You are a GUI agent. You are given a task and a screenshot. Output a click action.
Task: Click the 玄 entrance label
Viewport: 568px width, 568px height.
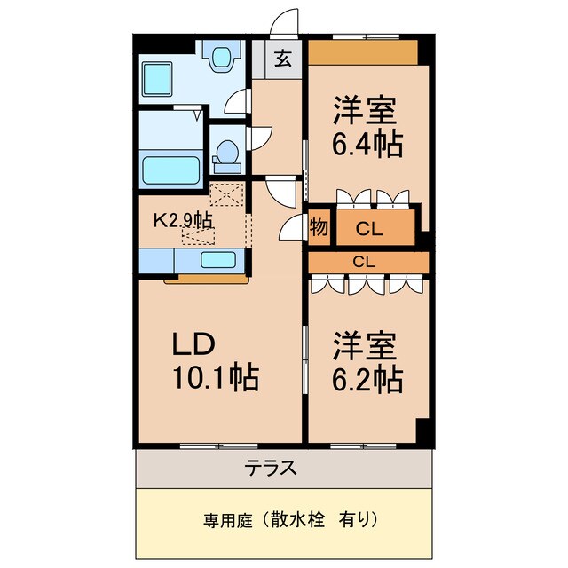282,60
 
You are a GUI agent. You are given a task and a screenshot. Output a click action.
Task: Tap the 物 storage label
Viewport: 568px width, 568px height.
319,228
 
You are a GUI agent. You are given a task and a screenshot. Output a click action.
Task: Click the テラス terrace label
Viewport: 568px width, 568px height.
283,468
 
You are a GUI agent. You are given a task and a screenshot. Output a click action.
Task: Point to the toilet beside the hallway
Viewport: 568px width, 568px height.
227,155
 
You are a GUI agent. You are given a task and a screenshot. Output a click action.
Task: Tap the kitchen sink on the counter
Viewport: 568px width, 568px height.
217,260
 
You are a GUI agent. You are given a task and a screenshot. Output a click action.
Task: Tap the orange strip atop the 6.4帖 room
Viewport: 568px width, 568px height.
362,52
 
